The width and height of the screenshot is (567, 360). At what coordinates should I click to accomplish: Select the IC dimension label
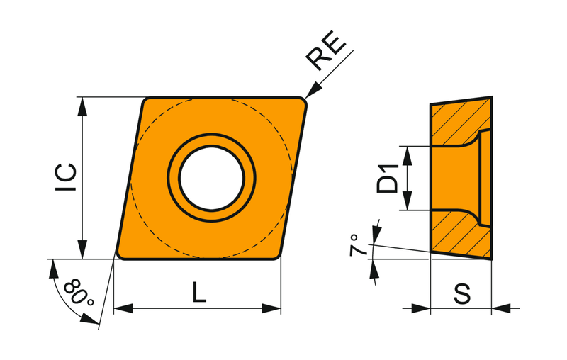(x=66, y=177)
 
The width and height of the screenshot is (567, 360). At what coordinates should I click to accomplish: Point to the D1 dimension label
(x=387, y=178)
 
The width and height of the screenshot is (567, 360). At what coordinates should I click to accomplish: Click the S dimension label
(x=462, y=293)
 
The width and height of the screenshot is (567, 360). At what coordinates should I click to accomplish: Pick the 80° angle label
(x=79, y=293)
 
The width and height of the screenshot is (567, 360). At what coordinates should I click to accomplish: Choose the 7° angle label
(x=356, y=245)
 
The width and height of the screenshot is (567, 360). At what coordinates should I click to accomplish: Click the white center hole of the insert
(x=211, y=178)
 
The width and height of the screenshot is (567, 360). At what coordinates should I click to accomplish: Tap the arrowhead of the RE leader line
(x=313, y=90)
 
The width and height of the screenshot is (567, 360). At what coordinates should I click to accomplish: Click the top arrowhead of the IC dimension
(x=83, y=106)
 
